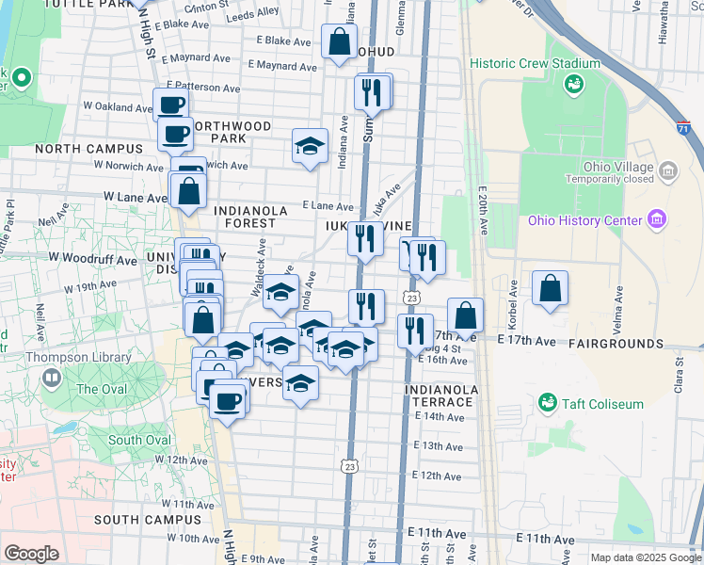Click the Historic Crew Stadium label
tap(535, 64)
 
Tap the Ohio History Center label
tap(584, 221)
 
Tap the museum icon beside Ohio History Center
tap(657, 221)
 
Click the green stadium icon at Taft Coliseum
tap(546, 403)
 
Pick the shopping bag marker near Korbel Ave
tap(550, 288)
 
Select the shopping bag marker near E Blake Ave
tap(338, 41)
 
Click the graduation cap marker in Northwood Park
tap(310, 146)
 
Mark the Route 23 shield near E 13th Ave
tap(349, 465)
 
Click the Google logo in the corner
tap(31, 554)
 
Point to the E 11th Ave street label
tap(537, 539)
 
